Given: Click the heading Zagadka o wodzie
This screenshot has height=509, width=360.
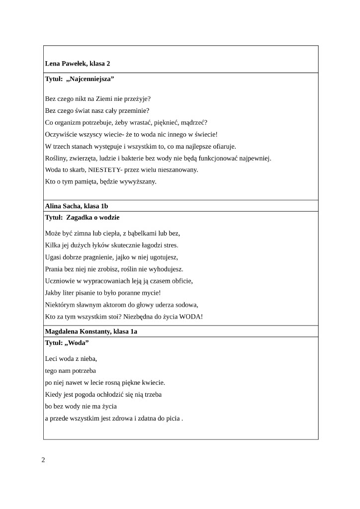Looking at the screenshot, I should (x=92, y=218).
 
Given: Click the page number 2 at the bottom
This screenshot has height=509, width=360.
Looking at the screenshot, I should (x=43, y=460).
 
